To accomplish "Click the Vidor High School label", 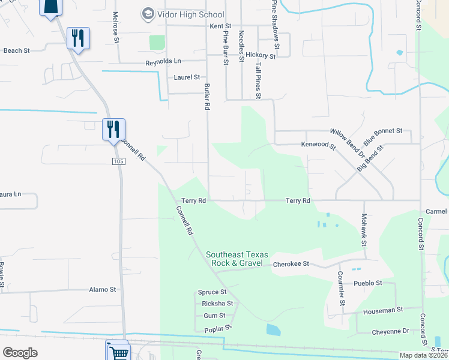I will click(x=189, y=14).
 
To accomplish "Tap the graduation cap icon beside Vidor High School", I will click(x=146, y=14).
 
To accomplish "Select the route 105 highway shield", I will click(x=118, y=161).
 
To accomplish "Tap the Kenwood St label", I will click(x=318, y=145).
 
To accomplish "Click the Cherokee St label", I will click(x=291, y=263).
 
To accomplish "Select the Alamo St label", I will click(x=102, y=289).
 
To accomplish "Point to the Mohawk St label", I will click(x=364, y=230).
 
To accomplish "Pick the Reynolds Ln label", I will click(x=163, y=62).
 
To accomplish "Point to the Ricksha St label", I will click(x=217, y=303).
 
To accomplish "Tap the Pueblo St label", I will click(x=367, y=283).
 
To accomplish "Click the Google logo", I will click(x=20, y=353).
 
